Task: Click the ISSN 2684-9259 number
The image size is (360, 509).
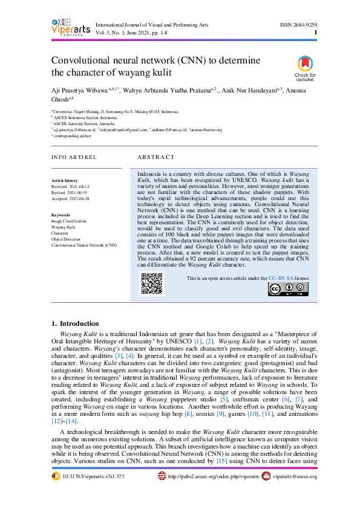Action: [298, 24]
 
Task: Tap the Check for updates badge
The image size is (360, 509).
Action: [305, 68]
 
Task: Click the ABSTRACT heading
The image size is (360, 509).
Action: [156, 157]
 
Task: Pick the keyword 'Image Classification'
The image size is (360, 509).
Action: [69, 221]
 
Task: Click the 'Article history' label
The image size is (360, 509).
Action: [65, 181]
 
